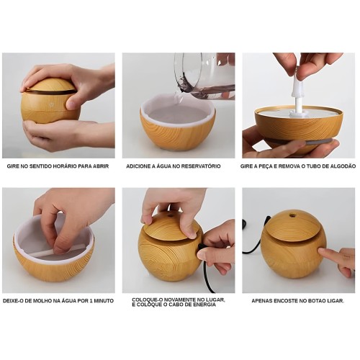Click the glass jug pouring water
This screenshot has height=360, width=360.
pos(204,73)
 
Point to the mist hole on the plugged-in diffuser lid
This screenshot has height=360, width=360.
pos(171,215)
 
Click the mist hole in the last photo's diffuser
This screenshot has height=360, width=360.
pos(292,215)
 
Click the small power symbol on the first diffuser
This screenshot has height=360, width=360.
pos(51,104)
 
